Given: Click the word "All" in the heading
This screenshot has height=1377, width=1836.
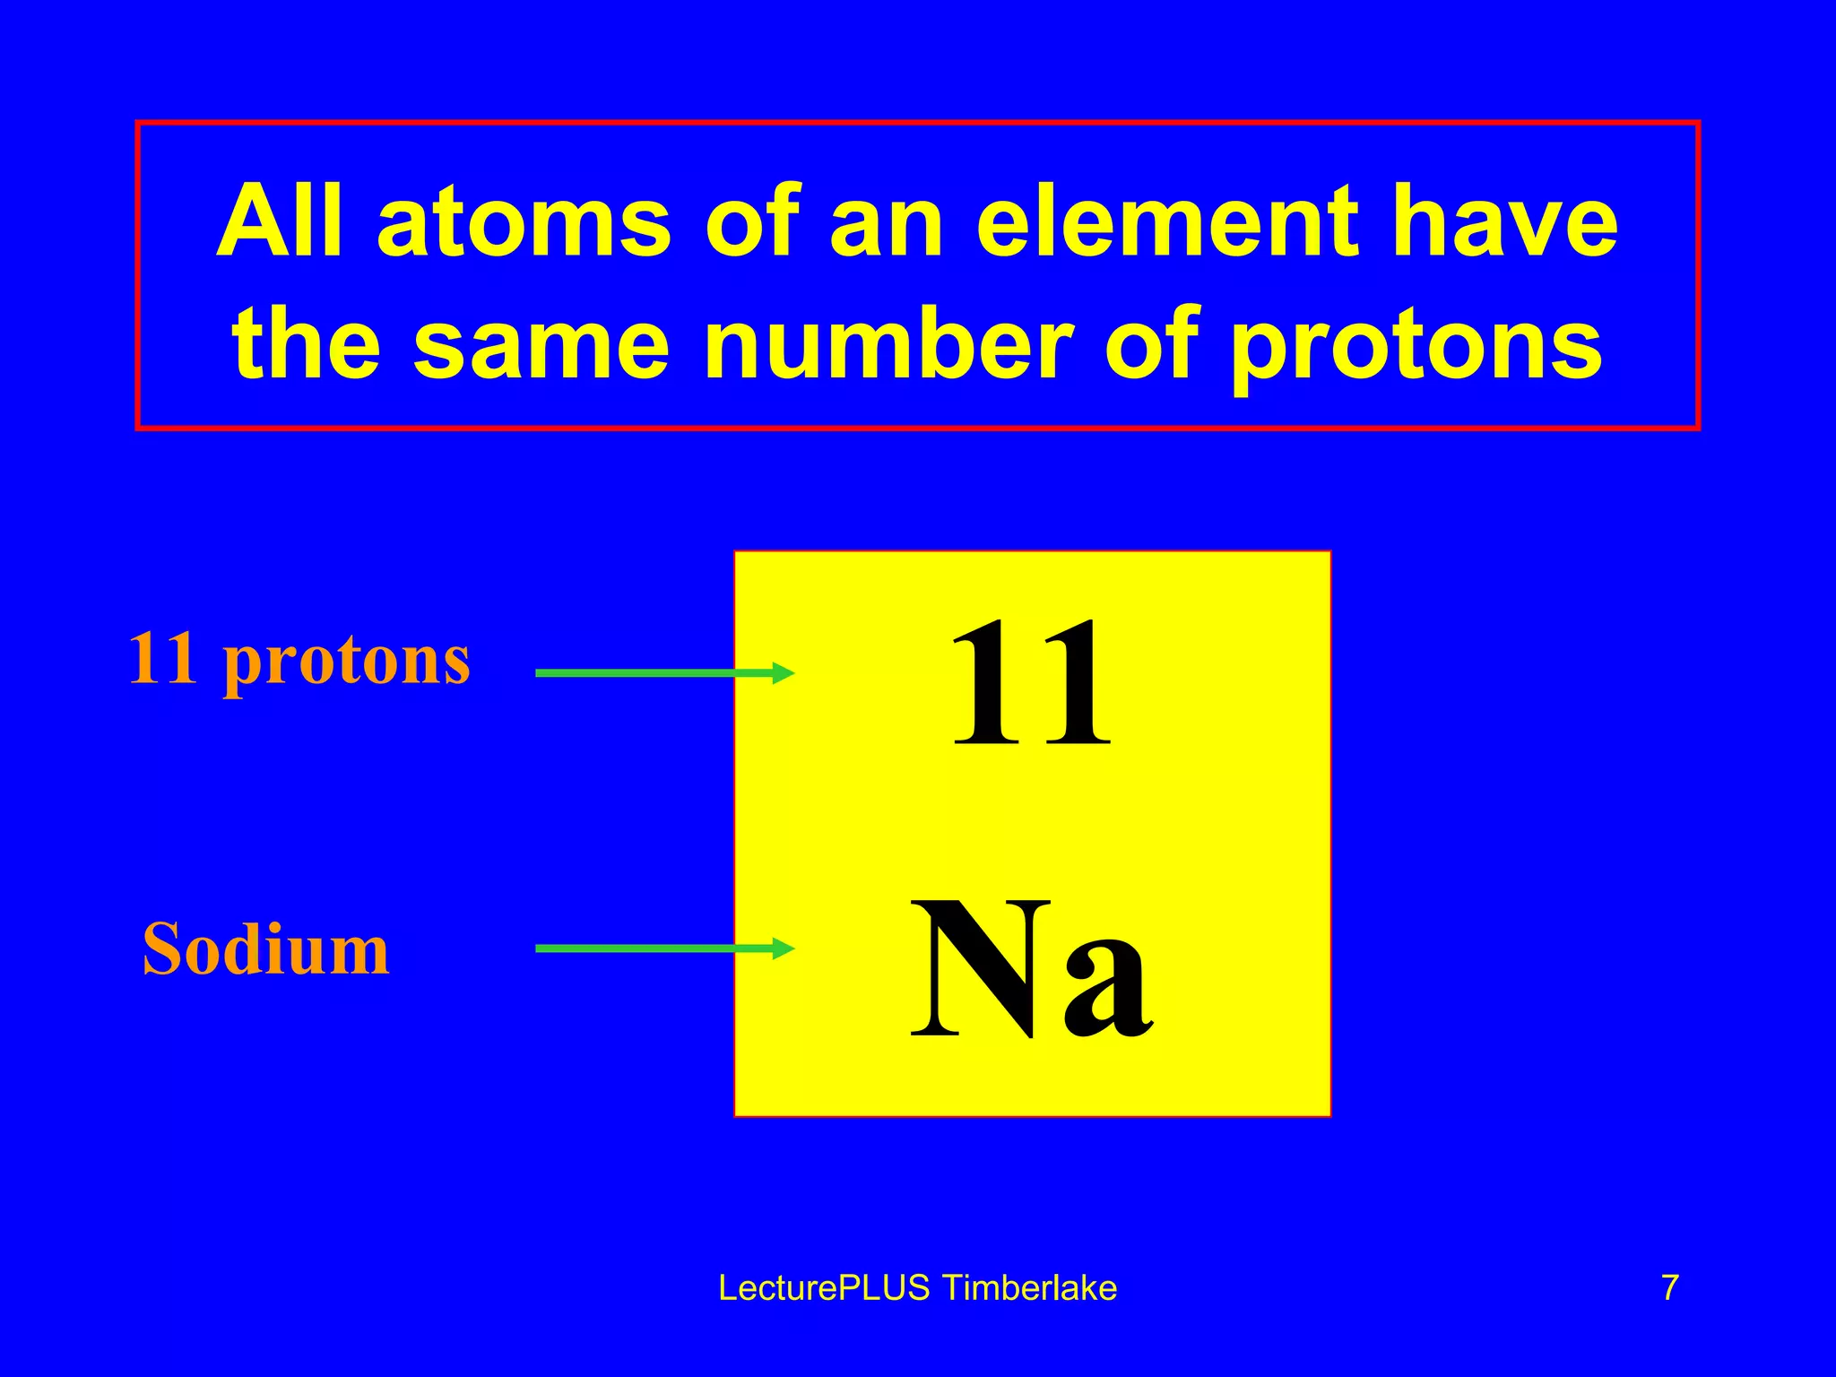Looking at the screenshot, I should (x=279, y=221).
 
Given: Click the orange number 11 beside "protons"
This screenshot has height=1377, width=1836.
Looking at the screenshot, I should (x=162, y=659).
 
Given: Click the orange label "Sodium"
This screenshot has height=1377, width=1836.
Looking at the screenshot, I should (x=266, y=949).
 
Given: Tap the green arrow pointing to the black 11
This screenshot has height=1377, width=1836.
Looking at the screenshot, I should (x=664, y=672).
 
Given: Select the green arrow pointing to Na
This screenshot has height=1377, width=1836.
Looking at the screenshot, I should (x=664, y=948).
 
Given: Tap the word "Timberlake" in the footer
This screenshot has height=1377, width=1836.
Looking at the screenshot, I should (x=1030, y=1288).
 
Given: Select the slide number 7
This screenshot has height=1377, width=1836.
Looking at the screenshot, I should (x=1670, y=1288).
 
